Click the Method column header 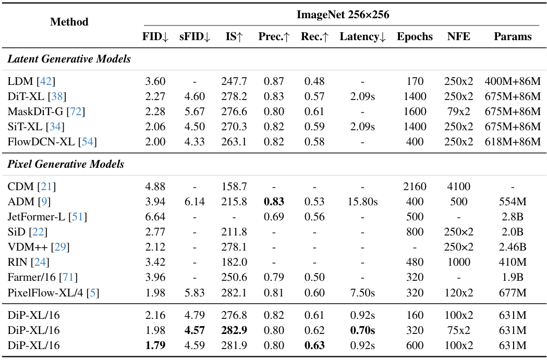[x=69, y=21]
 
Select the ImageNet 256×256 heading [x=343, y=14]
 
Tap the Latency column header [x=362, y=36]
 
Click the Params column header [x=513, y=36]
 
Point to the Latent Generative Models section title [x=69, y=59]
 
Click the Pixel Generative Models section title [x=66, y=164]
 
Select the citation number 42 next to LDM [x=46, y=81]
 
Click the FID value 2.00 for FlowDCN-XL [x=155, y=142]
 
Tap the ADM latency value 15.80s [x=362, y=202]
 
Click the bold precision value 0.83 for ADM [x=274, y=202]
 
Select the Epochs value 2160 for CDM [x=415, y=187]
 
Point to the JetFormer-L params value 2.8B [x=513, y=217]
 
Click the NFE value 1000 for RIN [x=458, y=262]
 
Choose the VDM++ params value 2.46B [x=513, y=247]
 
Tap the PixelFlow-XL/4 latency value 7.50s [x=362, y=292]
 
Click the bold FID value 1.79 [x=155, y=345]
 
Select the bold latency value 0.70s [x=362, y=330]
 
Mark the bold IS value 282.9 [x=234, y=330]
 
